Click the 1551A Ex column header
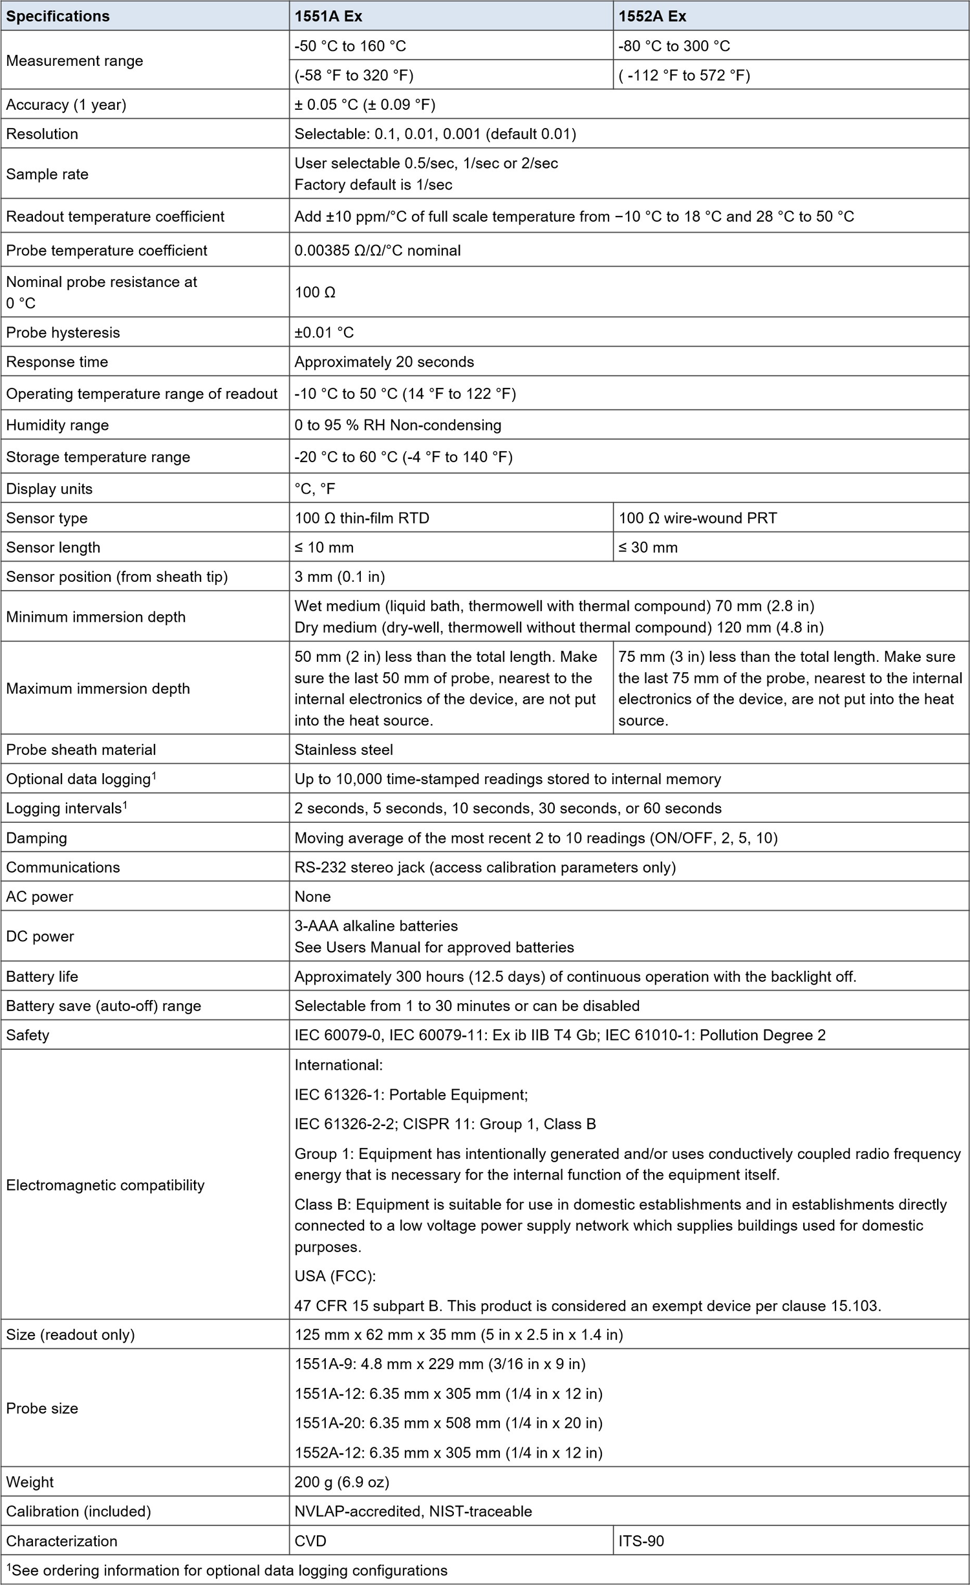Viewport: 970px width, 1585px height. (x=328, y=16)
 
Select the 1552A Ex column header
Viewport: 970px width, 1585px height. (x=652, y=16)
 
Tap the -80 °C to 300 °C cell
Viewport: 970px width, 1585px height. (x=674, y=46)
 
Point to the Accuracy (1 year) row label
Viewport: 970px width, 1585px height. (x=66, y=105)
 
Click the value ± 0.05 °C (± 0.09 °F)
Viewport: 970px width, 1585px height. (x=365, y=105)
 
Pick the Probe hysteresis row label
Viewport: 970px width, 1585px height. (x=63, y=332)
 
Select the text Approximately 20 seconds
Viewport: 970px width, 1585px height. (x=384, y=362)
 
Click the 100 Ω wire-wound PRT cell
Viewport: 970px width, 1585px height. (x=697, y=518)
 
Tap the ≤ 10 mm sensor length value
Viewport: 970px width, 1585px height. (x=324, y=548)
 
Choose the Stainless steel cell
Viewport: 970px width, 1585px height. (x=343, y=749)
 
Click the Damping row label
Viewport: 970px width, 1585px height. (x=36, y=838)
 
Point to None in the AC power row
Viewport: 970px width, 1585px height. (x=312, y=897)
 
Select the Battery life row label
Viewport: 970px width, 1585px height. (x=42, y=976)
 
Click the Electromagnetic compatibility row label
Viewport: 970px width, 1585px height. (x=105, y=1185)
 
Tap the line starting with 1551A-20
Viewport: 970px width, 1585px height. (x=448, y=1423)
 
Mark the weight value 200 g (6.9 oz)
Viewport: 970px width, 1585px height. (x=341, y=1482)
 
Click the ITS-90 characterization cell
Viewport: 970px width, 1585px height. (x=641, y=1540)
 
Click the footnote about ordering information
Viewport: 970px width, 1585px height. (x=226, y=1570)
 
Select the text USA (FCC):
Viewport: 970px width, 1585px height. (x=335, y=1276)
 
